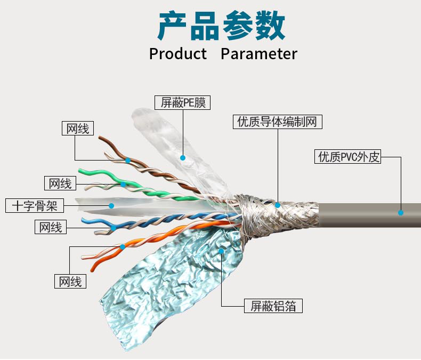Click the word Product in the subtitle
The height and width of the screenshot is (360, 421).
(177, 54)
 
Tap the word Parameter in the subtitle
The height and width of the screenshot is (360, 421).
(258, 54)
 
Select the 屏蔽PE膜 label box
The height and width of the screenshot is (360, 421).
(182, 102)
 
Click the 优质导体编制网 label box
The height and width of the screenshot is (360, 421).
(278, 122)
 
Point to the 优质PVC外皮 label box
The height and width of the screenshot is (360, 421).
(349, 157)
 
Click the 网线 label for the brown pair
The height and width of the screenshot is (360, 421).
(78, 129)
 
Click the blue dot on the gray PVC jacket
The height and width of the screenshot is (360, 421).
(401, 212)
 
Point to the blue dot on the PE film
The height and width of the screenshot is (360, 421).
(183, 158)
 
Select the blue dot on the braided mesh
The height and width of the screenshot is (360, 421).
(278, 205)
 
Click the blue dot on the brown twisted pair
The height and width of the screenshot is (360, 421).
(128, 160)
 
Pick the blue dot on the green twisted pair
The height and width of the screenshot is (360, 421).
(123, 185)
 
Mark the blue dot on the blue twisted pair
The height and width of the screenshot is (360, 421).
(114, 228)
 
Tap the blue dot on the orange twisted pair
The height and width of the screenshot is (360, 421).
(123, 246)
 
